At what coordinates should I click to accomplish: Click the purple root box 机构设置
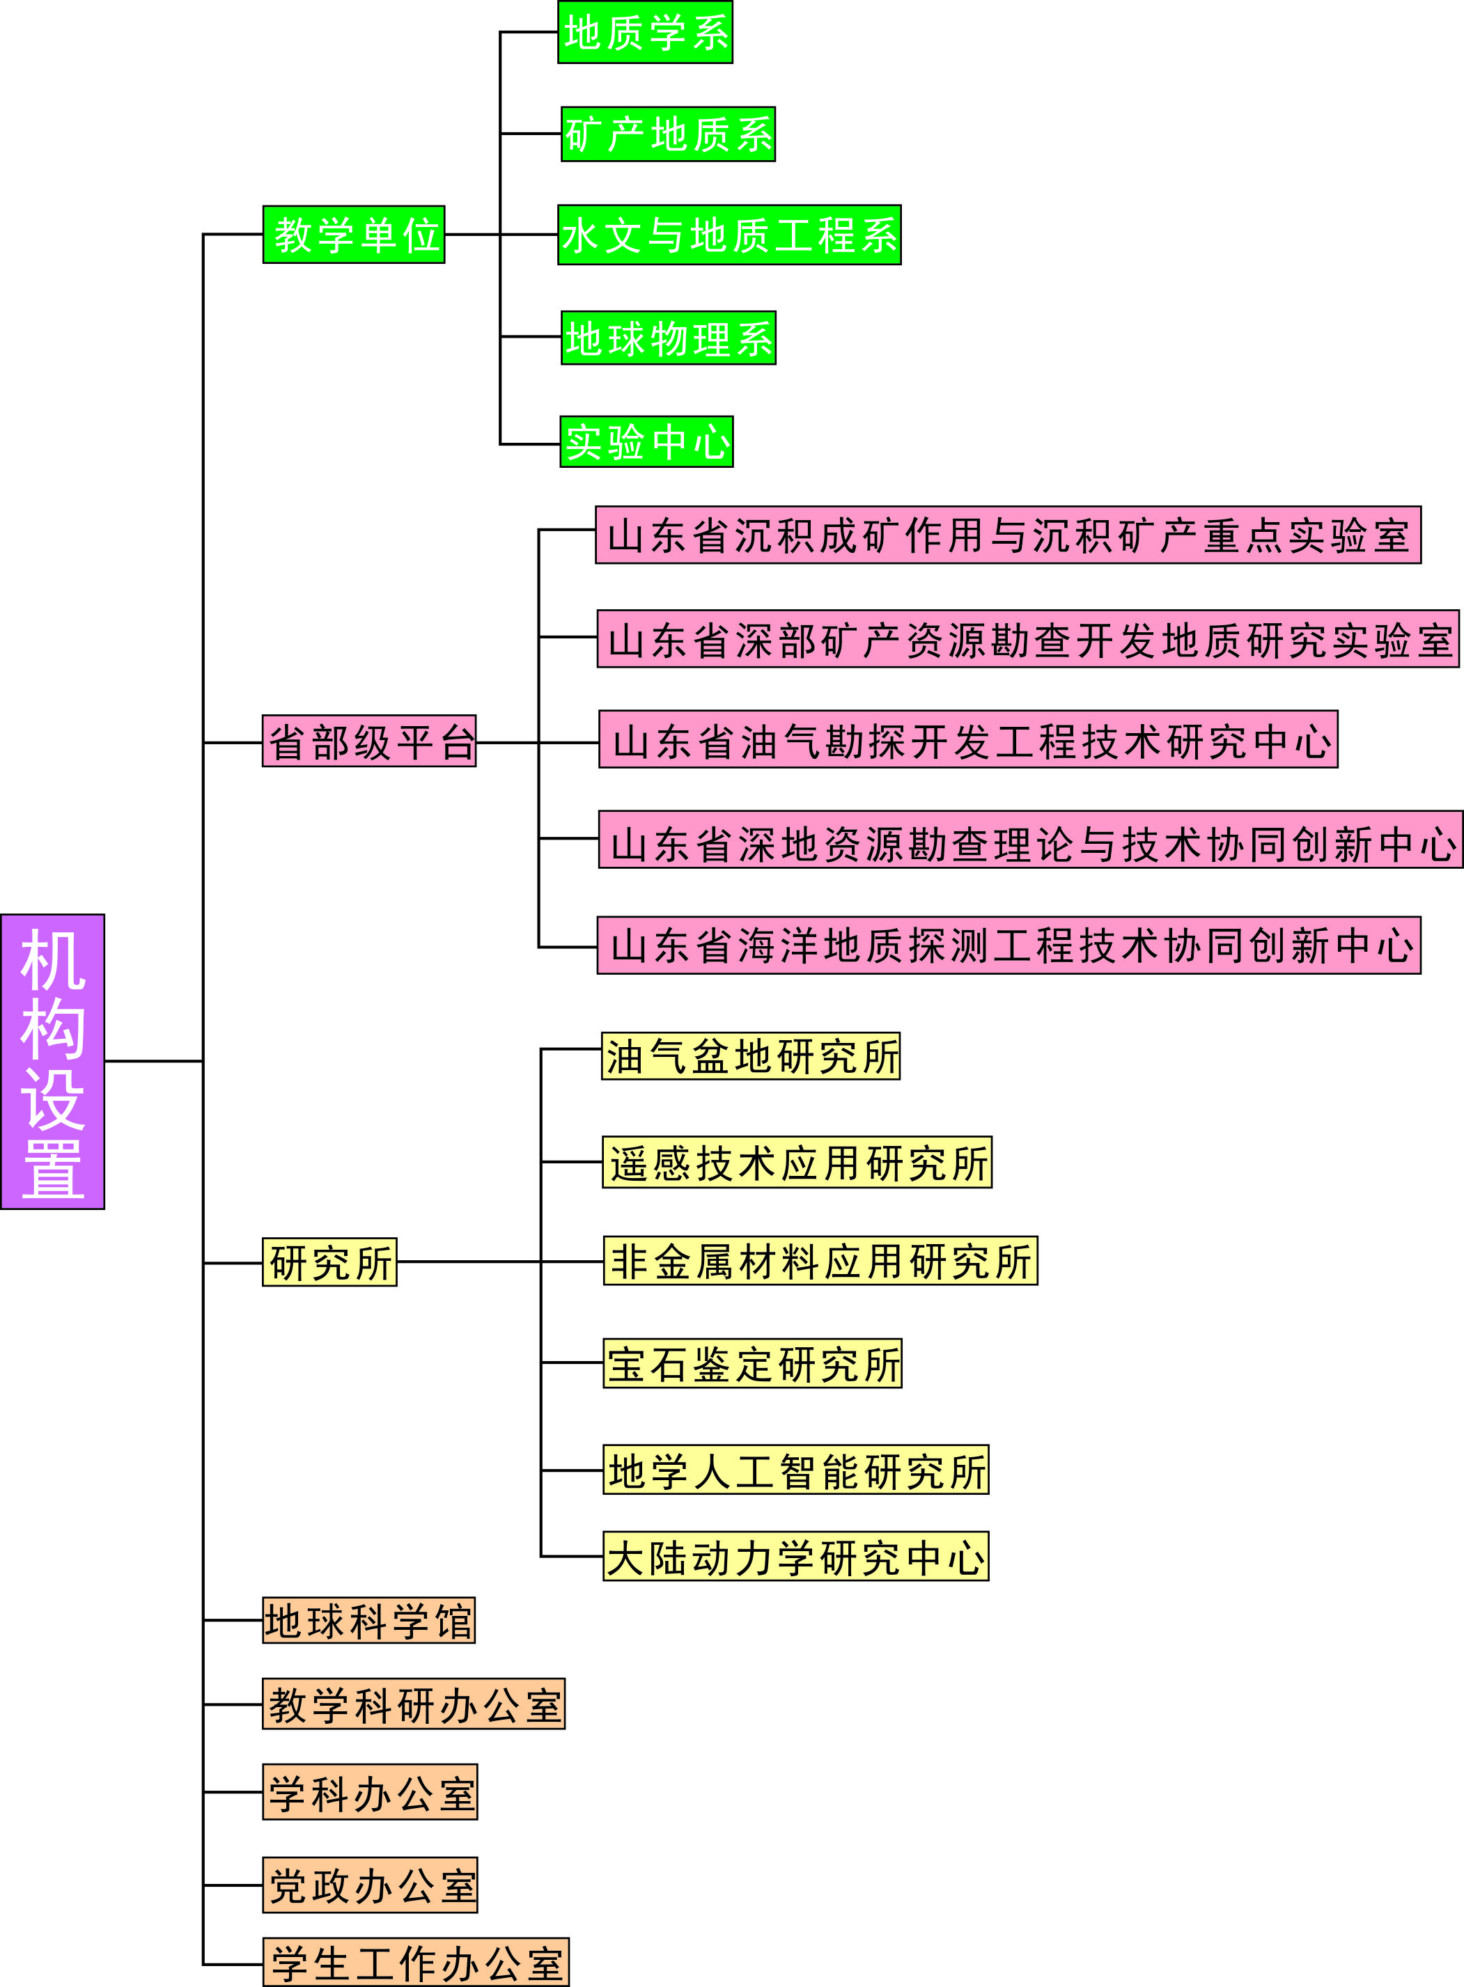[x=52, y=1061]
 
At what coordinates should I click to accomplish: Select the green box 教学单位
[x=354, y=235]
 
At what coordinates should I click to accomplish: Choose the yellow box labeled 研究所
[x=329, y=1262]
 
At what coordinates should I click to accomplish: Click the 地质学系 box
[x=645, y=33]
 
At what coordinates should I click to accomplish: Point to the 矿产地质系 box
[x=668, y=134]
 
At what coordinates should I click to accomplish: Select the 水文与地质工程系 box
[x=729, y=235]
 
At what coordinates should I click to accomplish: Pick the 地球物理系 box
[x=668, y=338]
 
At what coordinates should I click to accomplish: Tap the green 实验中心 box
[x=647, y=441]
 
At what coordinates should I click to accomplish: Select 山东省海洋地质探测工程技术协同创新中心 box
[x=1009, y=945]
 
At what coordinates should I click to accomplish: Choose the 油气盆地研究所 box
[x=751, y=1056]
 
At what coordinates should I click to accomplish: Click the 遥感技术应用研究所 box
[x=797, y=1162]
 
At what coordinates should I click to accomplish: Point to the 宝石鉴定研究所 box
[x=752, y=1363]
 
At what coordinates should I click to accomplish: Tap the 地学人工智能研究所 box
[x=796, y=1470]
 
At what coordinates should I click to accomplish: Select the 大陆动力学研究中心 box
[x=796, y=1557]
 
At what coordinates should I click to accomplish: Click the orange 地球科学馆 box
[x=368, y=1620]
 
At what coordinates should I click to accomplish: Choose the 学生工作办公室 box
[x=416, y=1962]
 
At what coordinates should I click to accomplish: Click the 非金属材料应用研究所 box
[x=820, y=1261]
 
